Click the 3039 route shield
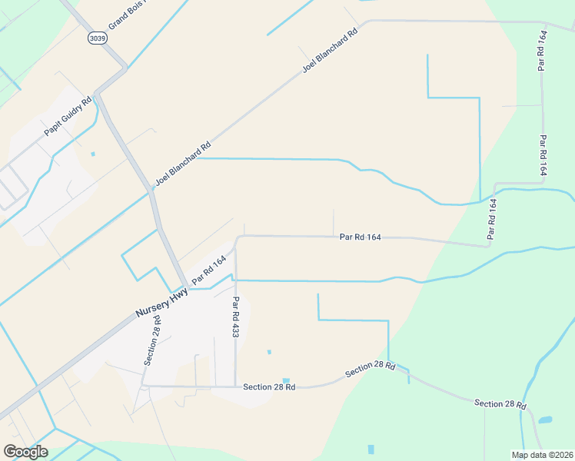[x=96, y=38]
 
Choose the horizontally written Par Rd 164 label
[x=361, y=237]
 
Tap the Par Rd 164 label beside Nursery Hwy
[x=209, y=270]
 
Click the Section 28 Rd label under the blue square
[x=269, y=386]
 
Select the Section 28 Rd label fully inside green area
[x=500, y=403]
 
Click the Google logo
[x=25, y=452]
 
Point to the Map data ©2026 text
[x=542, y=455]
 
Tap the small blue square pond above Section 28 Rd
[x=286, y=380]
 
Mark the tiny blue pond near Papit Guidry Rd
[x=93, y=154]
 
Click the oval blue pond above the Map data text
[x=545, y=420]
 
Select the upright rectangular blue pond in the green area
[x=371, y=449]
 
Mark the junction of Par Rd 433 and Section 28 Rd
[x=236, y=386]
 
